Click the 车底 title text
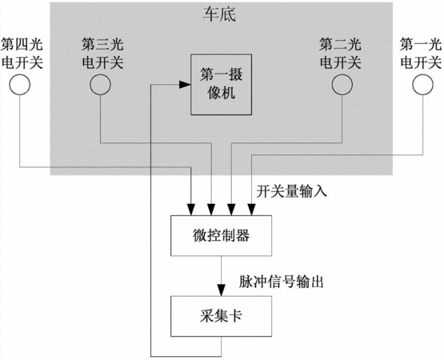point(219,14)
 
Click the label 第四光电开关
point(22,54)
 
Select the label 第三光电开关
point(102,54)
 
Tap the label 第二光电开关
point(340,54)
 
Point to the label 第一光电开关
point(421,54)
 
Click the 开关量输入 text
point(292,191)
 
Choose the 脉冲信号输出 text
point(281,282)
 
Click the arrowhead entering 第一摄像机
point(185,84)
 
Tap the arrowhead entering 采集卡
point(221,290)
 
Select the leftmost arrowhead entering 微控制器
point(192,210)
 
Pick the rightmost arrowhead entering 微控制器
point(251,210)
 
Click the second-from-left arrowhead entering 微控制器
point(211,210)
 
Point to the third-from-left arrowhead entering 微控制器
point(232,210)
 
